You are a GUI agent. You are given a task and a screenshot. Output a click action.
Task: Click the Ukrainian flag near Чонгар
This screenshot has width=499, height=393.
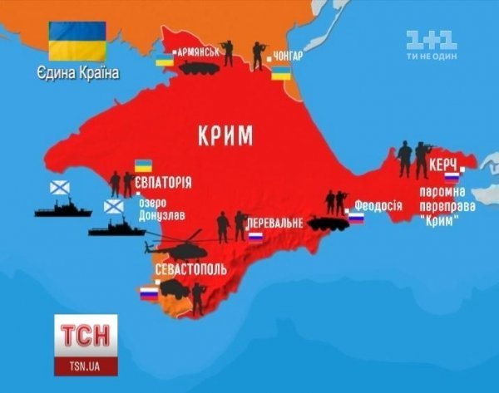283,76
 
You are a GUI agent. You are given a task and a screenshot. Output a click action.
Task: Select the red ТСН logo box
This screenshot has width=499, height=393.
86,337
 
